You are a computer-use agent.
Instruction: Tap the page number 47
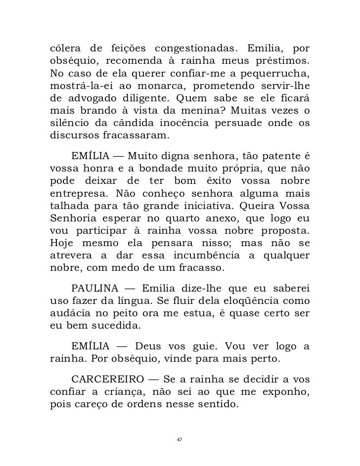(x=180, y=439)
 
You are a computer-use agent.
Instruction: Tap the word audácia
(x=69, y=314)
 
